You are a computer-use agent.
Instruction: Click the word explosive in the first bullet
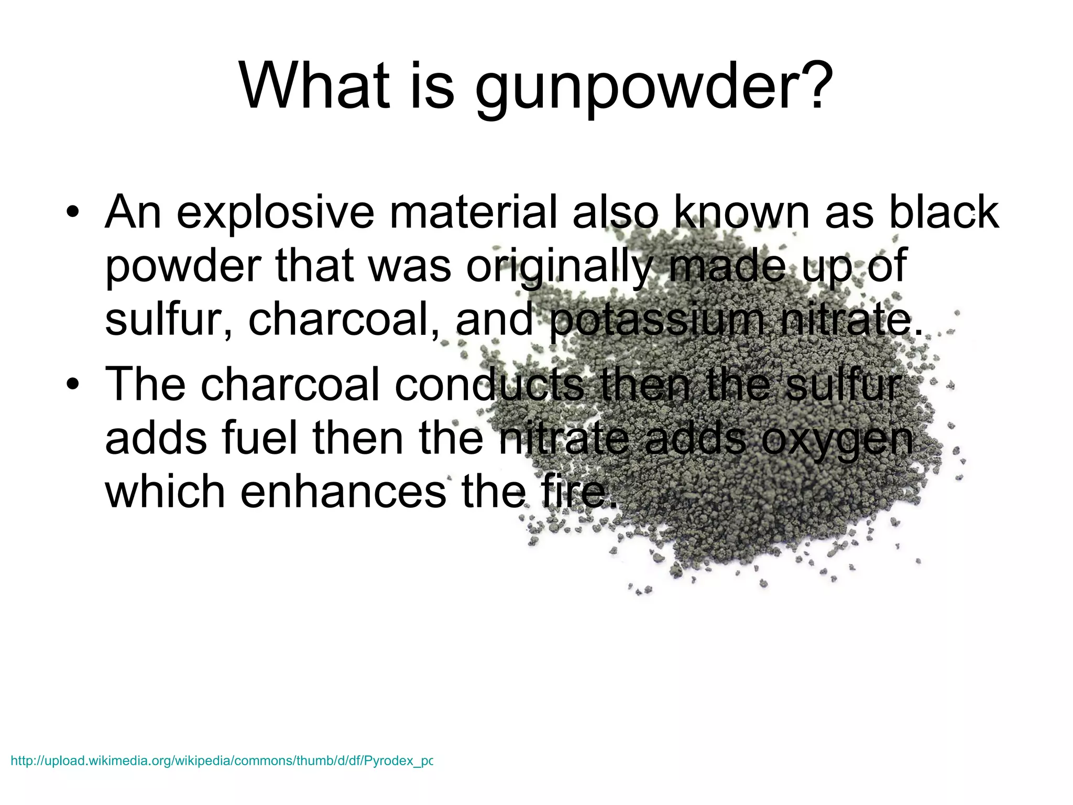pyautogui.click(x=276, y=213)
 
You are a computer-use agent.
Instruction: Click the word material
pyautogui.click(x=472, y=212)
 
